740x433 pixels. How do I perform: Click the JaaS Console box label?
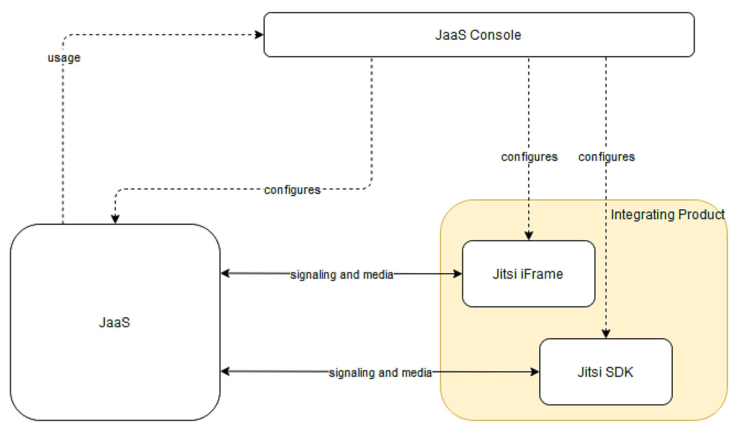pyautogui.click(x=478, y=35)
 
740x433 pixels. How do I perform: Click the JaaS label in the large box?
pyautogui.click(x=115, y=322)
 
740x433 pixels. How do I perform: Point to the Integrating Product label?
pyautogui.click(x=667, y=215)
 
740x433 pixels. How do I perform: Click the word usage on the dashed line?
pyautogui.click(x=64, y=57)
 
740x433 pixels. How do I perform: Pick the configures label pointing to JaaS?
pyautogui.click(x=292, y=190)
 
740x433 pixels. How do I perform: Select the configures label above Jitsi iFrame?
pyautogui.click(x=529, y=157)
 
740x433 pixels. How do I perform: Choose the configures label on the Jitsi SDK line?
pyautogui.click(x=607, y=157)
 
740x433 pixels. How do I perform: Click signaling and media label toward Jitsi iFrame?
pyautogui.click(x=342, y=275)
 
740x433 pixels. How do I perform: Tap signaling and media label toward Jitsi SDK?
pyautogui.click(x=380, y=373)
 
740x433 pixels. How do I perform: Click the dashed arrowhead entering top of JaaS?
pyautogui.click(x=115, y=219)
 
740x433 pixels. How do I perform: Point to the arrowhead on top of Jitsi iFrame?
pyautogui.click(x=529, y=236)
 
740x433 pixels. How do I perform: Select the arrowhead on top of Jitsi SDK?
pyautogui.click(x=606, y=334)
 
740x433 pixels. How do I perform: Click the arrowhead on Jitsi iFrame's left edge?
pyautogui.click(x=458, y=273)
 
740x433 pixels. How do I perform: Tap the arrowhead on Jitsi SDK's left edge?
pyautogui.click(x=535, y=372)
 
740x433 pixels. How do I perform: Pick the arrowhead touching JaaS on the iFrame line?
pyautogui.click(x=225, y=273)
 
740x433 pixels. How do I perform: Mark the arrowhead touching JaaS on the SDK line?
pyautogui.click(x=225, y=372)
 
